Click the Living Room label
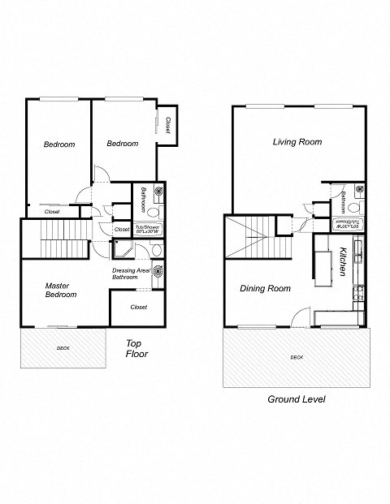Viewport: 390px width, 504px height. [x=297, y=142]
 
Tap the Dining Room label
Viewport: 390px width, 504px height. [x=265, y=288]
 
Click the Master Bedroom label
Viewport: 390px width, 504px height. [x=61, y=290]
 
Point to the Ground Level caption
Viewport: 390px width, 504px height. [x=297, y=399]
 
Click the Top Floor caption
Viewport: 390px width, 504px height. [x=136, y=348]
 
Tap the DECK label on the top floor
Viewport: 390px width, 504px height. [x=63, y=348]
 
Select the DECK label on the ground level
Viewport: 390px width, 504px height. [x=297, y=357]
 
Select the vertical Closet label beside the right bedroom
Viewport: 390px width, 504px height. [x=167, y=125]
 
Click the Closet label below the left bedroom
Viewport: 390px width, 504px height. [x=52, y=211]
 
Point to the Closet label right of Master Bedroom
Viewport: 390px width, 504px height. [x=138, y=308]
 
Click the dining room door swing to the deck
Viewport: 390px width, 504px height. [x=301, y=317]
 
